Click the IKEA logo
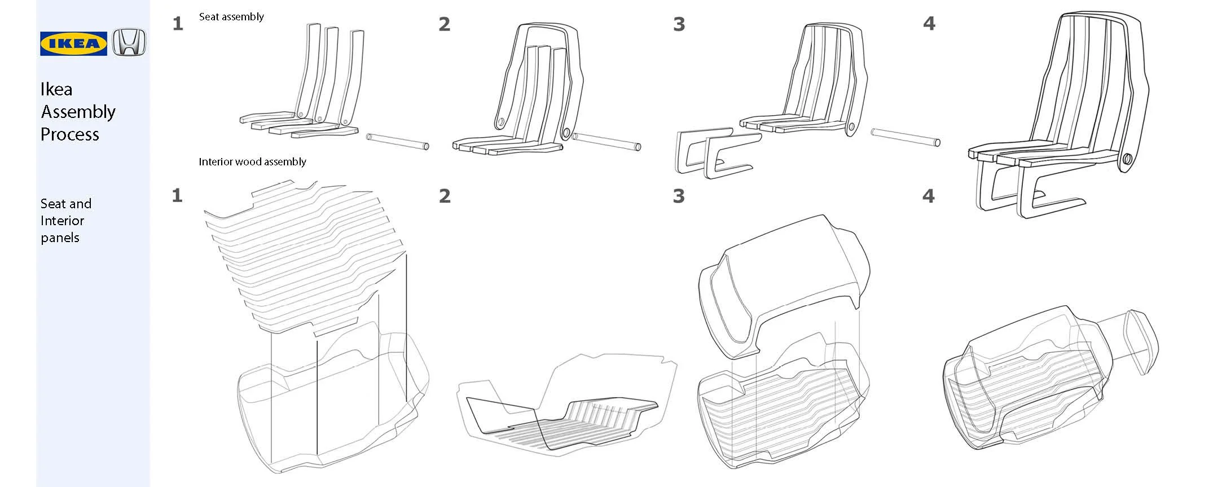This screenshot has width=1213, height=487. coord(73,43)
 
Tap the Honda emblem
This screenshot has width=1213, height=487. coord(129,42)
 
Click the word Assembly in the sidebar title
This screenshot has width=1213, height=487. coord(78,112)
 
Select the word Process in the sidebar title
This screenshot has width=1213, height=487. coord(69,134)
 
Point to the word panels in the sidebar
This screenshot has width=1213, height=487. coord(60,238)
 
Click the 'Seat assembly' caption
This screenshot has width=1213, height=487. coord(231,17)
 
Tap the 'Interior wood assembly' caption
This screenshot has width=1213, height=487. coord(252,162)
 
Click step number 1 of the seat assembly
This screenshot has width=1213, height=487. coord(178,24)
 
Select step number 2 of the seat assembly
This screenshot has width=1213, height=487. coord(445,24)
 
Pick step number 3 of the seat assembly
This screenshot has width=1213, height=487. coord(679,24)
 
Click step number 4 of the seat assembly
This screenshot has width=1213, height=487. coord(929,24)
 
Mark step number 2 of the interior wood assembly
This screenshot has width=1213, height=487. coord(445,196)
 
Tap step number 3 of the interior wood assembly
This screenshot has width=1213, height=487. coord(679,196)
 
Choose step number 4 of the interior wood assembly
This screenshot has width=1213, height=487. coord(929,196)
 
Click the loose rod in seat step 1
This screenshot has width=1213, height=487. coord(398,141)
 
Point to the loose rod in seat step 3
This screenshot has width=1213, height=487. coord(905,138)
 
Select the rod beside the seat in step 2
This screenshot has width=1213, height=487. coord(606,142)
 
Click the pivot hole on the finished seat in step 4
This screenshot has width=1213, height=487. coord(1127,160)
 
